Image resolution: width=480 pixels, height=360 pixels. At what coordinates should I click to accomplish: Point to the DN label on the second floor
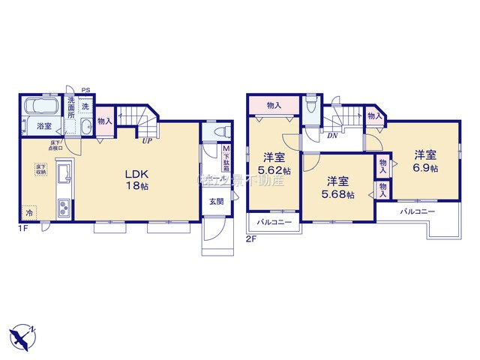[331, 135]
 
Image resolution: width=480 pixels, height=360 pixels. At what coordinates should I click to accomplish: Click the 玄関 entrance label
[216, 201]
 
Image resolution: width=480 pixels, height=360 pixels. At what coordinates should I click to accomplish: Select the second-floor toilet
[312, 106]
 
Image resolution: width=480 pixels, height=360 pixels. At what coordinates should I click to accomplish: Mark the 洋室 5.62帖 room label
[274, 163]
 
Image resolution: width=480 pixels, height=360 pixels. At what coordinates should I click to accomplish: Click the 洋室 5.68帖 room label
[337, 185]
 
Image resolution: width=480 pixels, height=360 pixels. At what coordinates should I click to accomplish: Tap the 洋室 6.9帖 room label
[425, 160]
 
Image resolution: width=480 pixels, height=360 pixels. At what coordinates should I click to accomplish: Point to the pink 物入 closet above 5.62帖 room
[274, 106]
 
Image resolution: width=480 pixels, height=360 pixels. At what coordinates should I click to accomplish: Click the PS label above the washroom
[85, 88]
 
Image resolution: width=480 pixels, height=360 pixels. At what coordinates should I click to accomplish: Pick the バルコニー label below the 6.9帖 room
[417, 212]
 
